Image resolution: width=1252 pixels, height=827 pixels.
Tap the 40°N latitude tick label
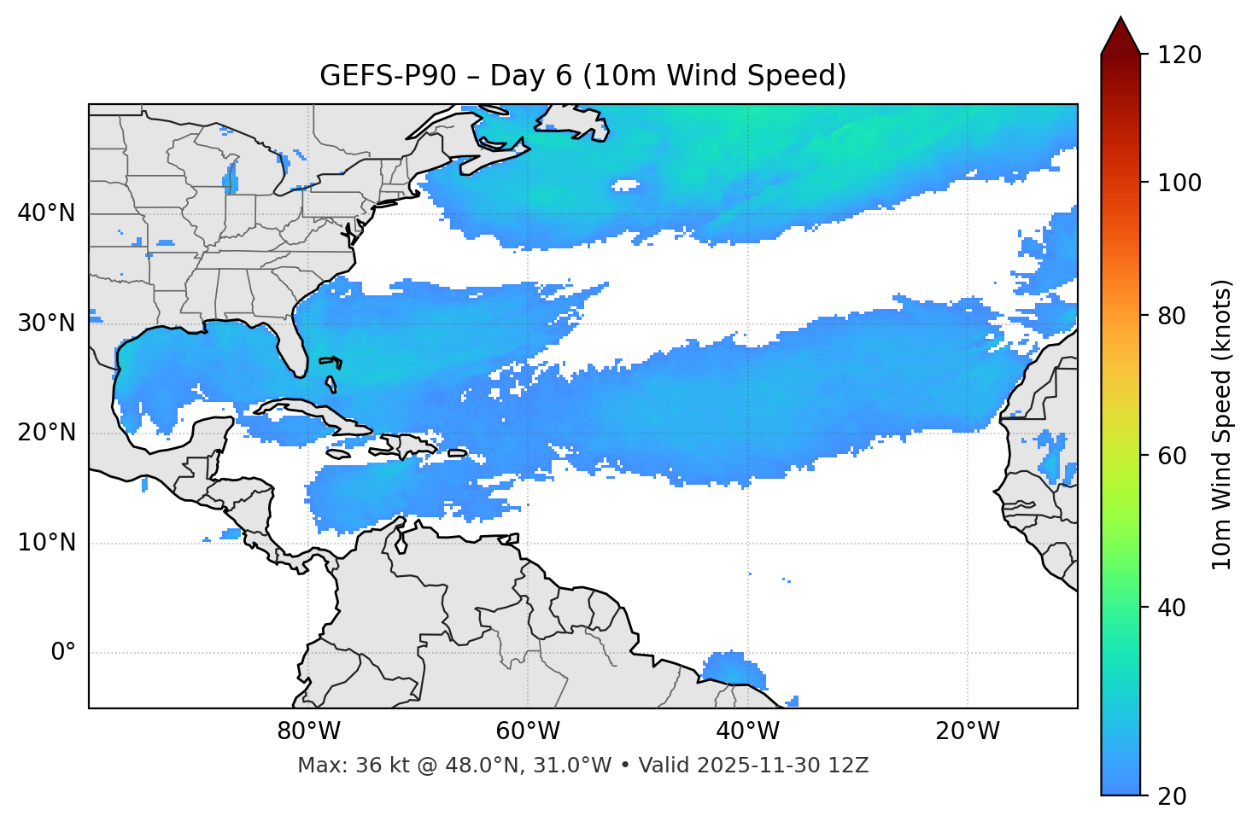(x=46, y=213)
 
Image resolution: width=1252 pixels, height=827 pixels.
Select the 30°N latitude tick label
(x=46, y=323)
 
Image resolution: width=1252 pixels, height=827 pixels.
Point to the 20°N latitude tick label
(x=46, y=433)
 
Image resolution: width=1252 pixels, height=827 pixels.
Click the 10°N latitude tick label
(x=46, y=543)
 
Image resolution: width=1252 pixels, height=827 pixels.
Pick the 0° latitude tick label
(x=63, y=653)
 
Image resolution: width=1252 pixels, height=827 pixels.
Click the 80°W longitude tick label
(x=308, y=731)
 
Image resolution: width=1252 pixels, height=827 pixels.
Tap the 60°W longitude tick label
(x=528, y=731)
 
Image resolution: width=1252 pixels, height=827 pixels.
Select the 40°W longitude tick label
(x=747, y=731)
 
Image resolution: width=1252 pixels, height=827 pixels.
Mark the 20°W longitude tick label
(x=968, y=731)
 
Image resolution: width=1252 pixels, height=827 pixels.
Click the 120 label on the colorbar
(x=1179, y=55)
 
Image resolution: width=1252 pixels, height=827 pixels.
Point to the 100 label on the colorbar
(x=1179, y=183)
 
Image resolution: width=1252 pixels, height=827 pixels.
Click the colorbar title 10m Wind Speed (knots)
(x=1222, y=424)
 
